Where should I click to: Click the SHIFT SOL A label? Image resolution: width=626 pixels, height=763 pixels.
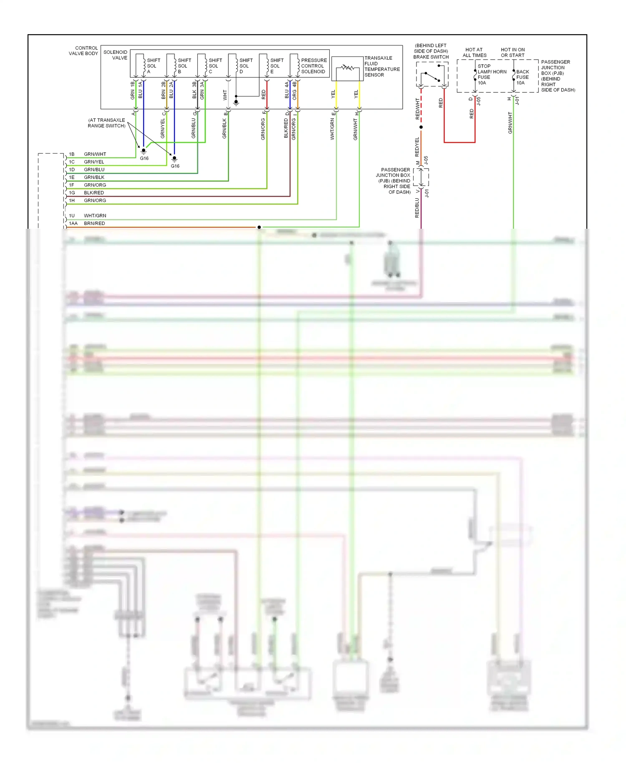pyautogui.click(x=153, y=66)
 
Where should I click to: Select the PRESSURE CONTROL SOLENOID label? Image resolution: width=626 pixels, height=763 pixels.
pyautogui.click(x=313, y=66)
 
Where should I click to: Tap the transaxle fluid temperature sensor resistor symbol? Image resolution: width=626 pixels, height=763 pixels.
pyautogui.click(x=347, y=68)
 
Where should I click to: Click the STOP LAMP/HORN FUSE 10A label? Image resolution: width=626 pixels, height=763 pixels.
pyautogui.click(x=491, y=74)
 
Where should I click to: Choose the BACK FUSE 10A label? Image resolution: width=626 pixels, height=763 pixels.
pyautogui.click(x=522, y=77)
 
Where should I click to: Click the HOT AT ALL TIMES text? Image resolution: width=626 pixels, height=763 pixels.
pyautogui.click(x=474, y=53)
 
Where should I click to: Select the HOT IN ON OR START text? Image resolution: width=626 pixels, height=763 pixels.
pyautogui.click(x=512, y=53)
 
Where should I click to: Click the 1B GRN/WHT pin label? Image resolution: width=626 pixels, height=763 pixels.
pyautogui.click(x=88, y=154)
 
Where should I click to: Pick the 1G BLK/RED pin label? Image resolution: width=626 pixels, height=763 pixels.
pyautogui.click(x=86, y=193)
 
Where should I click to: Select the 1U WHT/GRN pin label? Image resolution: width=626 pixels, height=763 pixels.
pyautogui.click(x=88, y=216)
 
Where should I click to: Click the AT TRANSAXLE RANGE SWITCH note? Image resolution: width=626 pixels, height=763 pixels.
pyautogui.click(x=106, y=123)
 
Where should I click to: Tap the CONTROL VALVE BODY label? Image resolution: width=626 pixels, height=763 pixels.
pyautogui.click(x=83, y=51)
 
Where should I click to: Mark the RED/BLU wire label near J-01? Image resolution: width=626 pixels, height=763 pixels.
pyautogui.click(x=417, y=207)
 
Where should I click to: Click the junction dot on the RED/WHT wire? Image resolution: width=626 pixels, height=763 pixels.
pyautogui.click(x=421, y=127)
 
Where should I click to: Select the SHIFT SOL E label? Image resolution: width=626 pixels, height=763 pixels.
pyautogui.click(x=276, y=66)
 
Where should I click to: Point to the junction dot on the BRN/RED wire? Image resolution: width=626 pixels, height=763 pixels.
pyautogui.click(x=259, y=227)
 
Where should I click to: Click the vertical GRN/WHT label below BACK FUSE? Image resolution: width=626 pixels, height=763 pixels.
pyautogui.click(x=510, y=123)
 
